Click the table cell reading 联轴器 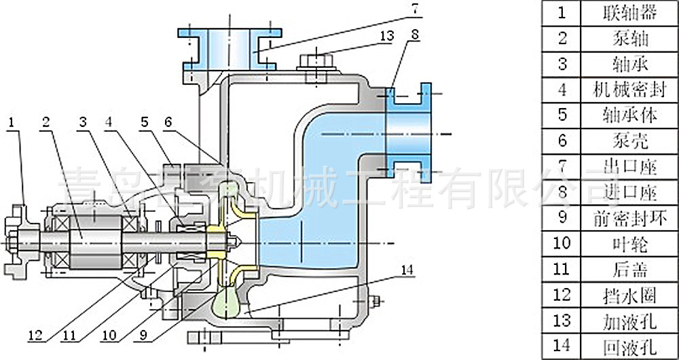point(629,12)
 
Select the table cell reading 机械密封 point(629,89)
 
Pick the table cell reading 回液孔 point(629,345)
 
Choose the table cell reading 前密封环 point(629,217)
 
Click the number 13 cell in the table point(562,319)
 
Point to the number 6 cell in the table point(562,141)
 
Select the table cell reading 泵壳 point(629,141)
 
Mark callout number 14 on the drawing point(406,270)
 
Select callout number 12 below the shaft point(37,335)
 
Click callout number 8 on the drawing point(415,33)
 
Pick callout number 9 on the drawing point(143,335)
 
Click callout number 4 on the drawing point(110,123)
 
